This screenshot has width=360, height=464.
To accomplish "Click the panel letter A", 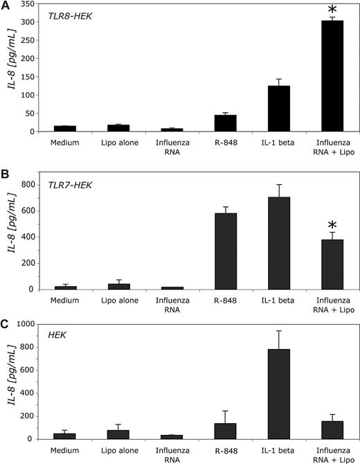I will (x=7, y=7).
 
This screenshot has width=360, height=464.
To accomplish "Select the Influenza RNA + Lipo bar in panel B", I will (x=332, y=264).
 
